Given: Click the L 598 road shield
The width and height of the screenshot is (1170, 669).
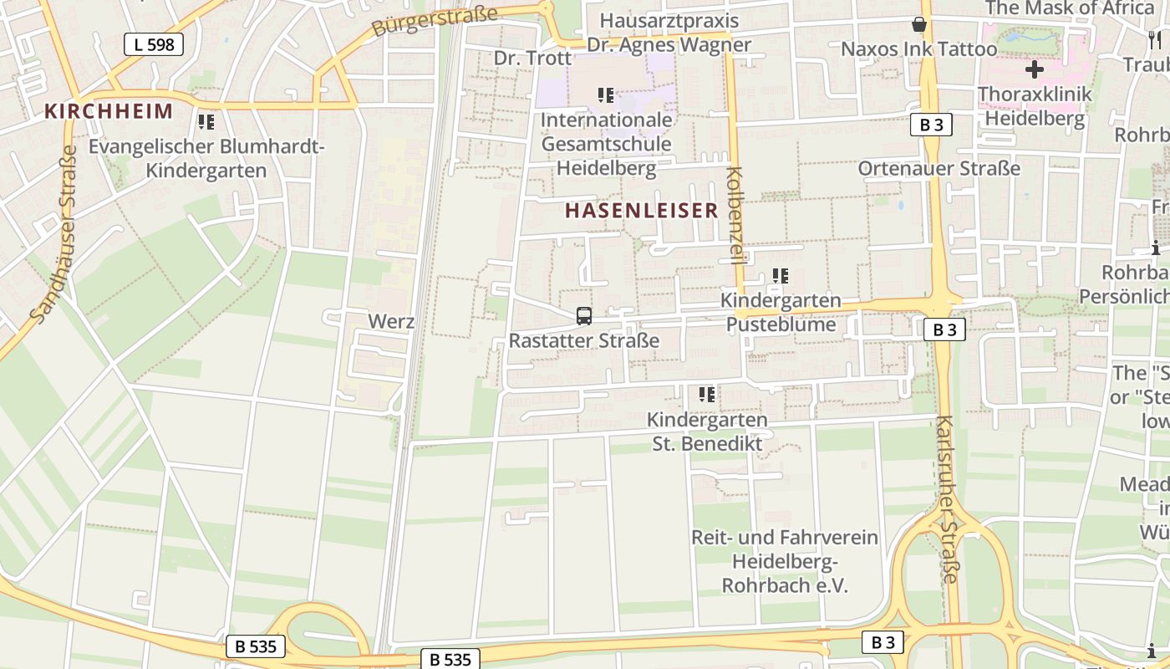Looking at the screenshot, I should pos(154,44).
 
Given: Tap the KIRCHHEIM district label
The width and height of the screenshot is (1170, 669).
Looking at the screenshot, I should pos(109,111).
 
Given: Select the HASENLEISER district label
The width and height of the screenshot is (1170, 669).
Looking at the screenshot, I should pos(641,211).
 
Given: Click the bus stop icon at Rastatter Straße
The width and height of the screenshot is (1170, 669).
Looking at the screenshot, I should pos(584,316).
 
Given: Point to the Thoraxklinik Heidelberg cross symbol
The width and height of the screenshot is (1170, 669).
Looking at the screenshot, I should pos(1035,69).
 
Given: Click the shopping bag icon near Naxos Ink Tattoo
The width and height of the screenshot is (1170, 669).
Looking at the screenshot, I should pos(919,24).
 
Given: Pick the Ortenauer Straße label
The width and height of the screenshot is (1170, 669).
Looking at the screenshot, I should pos(939,168).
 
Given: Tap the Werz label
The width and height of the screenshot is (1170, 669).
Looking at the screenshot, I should pos(391,321).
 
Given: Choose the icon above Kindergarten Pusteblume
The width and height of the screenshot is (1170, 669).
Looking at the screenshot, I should pos(781,275).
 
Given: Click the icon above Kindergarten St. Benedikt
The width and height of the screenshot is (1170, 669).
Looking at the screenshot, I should pos(707,394).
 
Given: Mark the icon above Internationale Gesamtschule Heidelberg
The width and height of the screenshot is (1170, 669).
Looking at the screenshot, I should pos(606,95).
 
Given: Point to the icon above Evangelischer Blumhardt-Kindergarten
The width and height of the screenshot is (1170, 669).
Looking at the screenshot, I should pos(206,122).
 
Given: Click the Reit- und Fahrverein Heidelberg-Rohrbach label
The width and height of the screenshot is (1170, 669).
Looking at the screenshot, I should pos(784,561).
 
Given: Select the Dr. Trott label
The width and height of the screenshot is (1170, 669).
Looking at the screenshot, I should pos(532,58).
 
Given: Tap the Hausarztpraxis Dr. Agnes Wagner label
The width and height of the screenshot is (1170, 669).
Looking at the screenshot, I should pos(669,33).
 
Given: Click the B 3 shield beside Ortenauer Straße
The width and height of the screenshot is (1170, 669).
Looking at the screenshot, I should pos(931,125).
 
